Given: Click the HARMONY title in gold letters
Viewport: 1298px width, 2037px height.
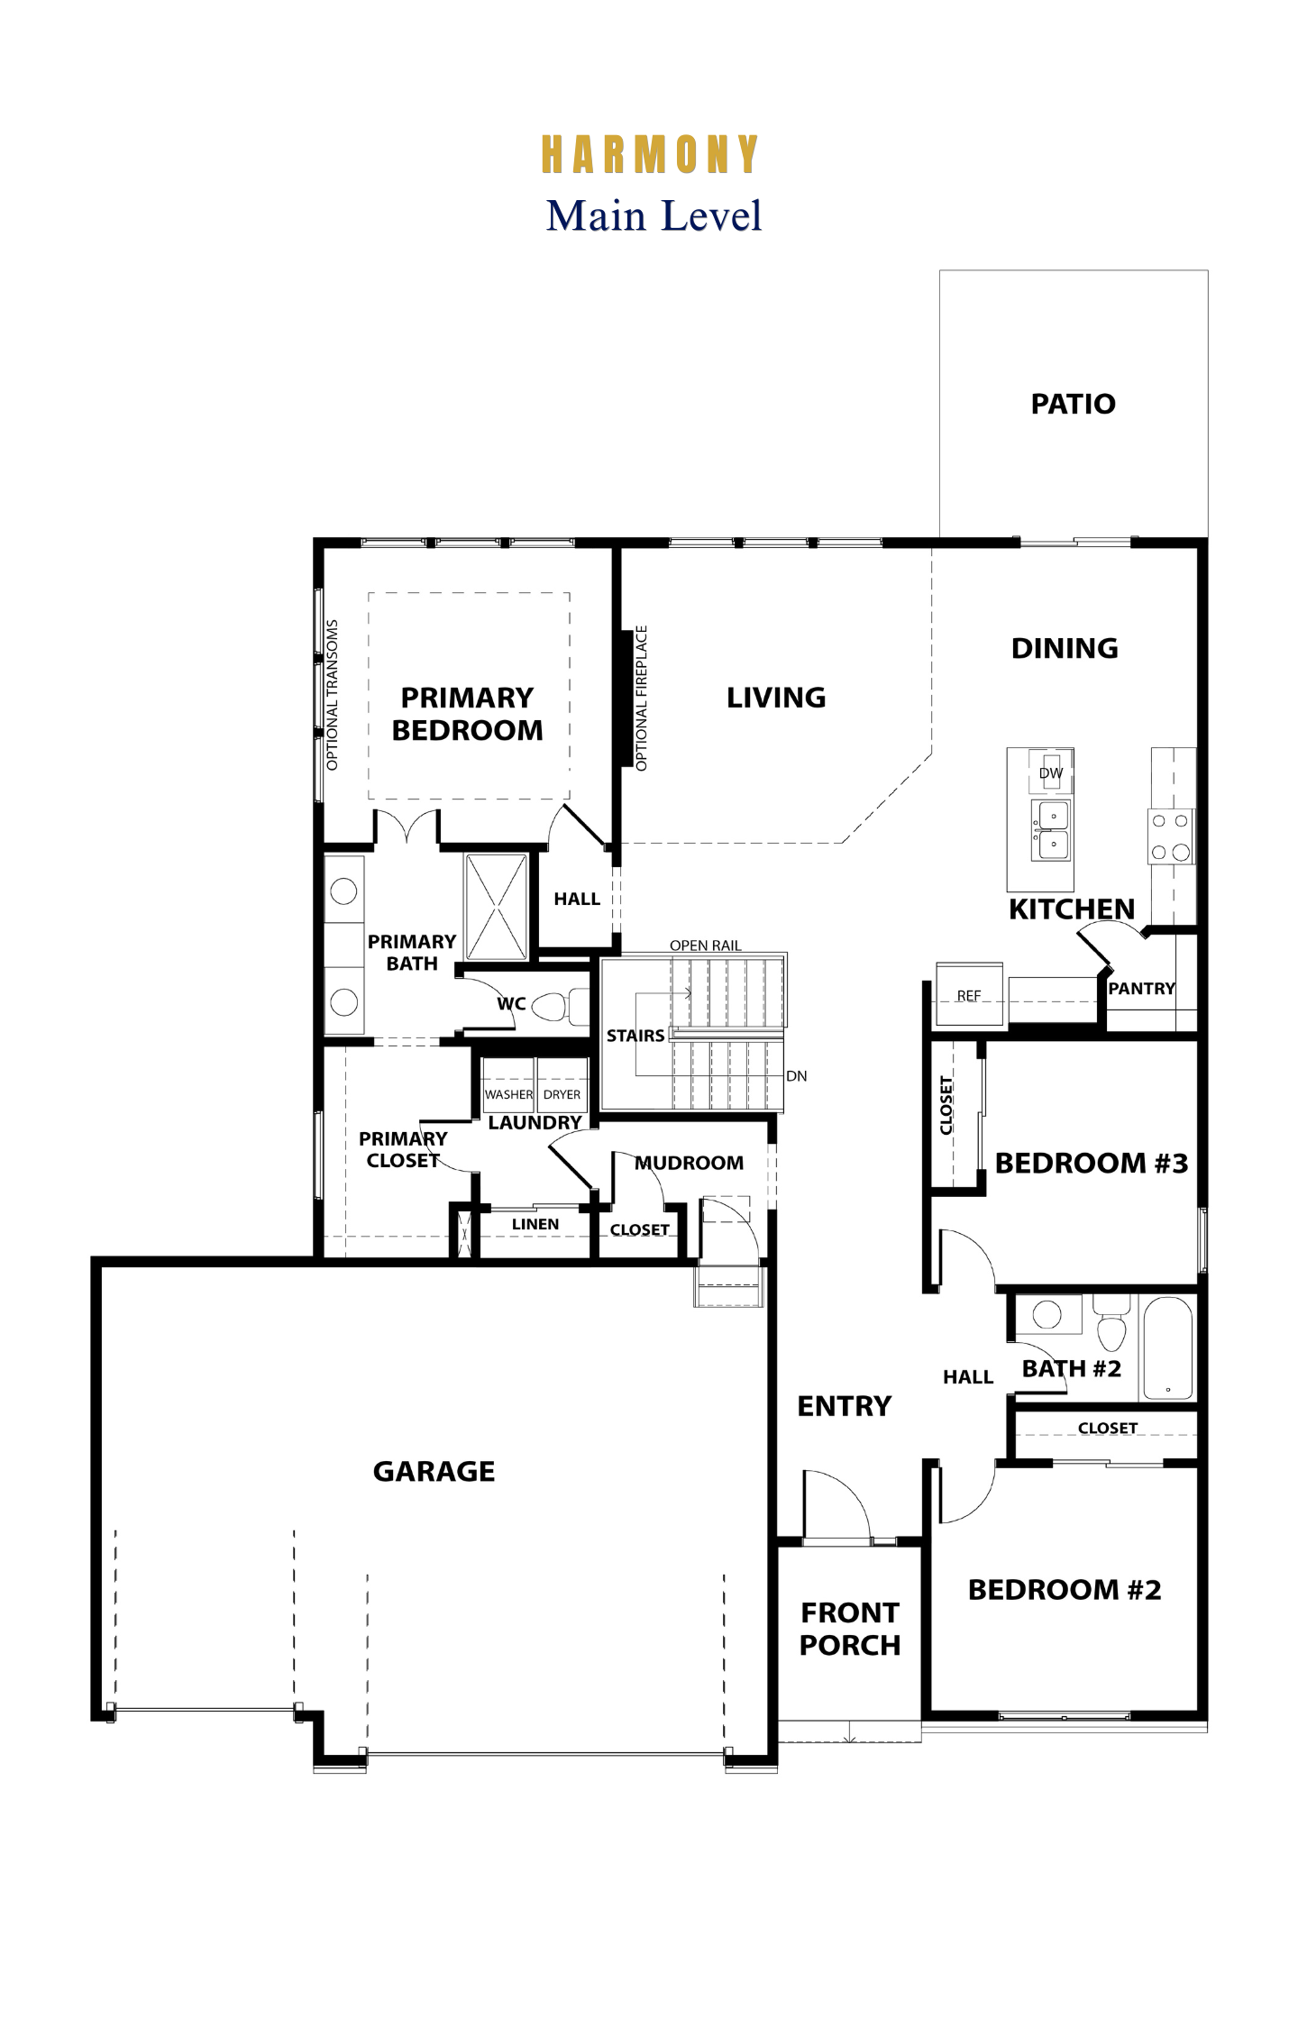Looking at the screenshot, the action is click(x=649, y=154).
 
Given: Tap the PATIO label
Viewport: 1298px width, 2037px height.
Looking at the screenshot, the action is click(x=1073, y=404).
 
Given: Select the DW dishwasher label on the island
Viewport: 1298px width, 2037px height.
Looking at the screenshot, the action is click(x=1051, y=772).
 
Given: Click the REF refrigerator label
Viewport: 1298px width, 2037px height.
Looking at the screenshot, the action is click(x=969, y=995).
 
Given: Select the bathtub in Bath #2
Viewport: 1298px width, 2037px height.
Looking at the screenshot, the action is click(x=1167, y=1347).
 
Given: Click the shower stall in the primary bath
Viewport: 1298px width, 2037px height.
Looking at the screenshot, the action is click(x=496, y=907).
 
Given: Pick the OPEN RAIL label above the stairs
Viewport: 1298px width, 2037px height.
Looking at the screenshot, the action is click(x=706, y=945).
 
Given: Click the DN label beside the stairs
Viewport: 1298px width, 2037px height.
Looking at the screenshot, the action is click(x=797, y=1076).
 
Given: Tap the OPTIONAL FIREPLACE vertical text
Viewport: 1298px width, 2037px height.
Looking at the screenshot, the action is click(x=642, y=699).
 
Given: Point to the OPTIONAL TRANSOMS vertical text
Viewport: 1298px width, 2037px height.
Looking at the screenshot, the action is click(x=333, y=695).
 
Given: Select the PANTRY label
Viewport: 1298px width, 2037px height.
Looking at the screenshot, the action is click(x=1142, y=989).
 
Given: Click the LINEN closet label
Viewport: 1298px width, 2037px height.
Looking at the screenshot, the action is click(x=535, y=1224).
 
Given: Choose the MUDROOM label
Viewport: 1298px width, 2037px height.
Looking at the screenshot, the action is click(x=690, y=1163).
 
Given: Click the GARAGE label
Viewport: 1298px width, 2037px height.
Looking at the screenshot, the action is click(x=434, y=1471).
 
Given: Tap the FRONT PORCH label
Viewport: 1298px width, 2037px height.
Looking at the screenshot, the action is click(x=850, y=1629).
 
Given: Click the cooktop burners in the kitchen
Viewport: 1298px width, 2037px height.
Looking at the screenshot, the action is click(x=1171, y=836).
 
